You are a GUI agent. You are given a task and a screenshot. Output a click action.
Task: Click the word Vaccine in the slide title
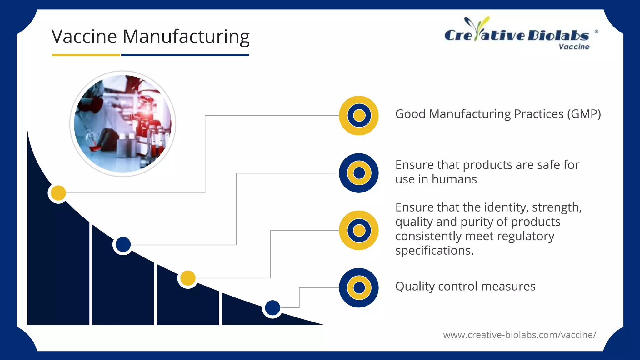[84, 37]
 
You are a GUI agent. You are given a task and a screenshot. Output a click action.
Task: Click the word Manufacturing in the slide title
[186, 37]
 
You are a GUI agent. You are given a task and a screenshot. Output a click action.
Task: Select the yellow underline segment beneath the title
[86, 55]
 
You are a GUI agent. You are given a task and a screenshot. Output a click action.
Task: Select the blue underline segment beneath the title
[185, 55]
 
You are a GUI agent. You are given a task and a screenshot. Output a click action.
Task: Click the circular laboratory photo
[122, 124]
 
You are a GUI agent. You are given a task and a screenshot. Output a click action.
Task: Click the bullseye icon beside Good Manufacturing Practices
[359, 115]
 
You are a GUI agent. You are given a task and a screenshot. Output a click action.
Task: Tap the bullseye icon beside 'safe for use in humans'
[359, 173]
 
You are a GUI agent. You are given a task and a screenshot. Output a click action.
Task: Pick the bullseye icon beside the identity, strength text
[359, 230]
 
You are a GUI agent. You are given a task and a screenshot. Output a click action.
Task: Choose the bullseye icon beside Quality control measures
[359, 288]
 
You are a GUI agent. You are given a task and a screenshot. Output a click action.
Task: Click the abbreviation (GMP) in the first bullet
[582, 114]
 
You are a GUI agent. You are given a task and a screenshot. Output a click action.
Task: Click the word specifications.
[434, 251]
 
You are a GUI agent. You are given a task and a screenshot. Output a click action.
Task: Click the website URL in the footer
[519, 335]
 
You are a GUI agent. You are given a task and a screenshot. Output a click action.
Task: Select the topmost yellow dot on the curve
[58, 193]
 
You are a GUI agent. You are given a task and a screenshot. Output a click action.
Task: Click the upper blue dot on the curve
[123, 244]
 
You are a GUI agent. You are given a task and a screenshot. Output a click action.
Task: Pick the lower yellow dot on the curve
[188, 278]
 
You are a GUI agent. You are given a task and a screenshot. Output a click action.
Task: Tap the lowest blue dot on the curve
[272, 308]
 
